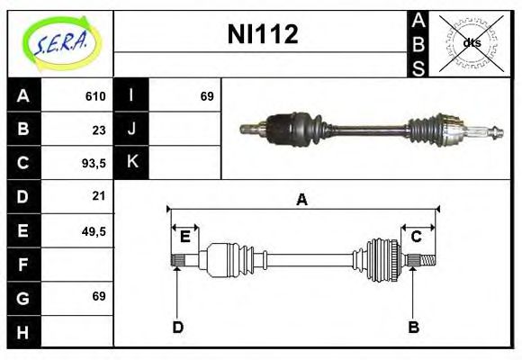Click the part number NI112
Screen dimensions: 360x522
pos(261,35)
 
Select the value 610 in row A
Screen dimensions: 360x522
pos(95,96)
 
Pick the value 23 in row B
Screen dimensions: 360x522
pos(99,130)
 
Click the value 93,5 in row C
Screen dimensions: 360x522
pos(94,163)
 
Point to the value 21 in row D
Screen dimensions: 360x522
pos(99,195)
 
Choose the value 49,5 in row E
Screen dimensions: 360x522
pos(94,230)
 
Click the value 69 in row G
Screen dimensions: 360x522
pos(99,296)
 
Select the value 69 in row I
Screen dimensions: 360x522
pos(207,96)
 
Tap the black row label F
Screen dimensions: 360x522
pos(22,264)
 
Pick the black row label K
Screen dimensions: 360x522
pos(131,163)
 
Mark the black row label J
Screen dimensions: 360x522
pos(131,130)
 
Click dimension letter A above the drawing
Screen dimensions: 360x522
pos(301,200)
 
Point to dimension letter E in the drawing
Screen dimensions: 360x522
pos(184,237)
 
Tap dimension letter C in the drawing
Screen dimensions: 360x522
pos(417,237)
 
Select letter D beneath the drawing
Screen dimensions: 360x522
pos(177,327)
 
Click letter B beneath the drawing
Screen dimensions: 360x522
pos(413,327)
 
